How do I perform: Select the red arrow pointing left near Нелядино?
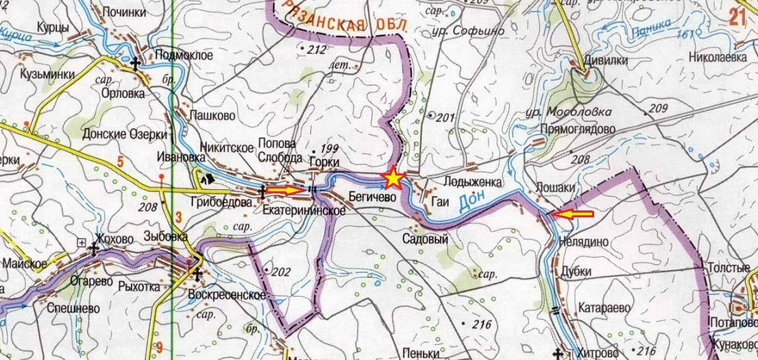[573, 214]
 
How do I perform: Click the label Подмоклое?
[184, 56]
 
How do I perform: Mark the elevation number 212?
[317, 49]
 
